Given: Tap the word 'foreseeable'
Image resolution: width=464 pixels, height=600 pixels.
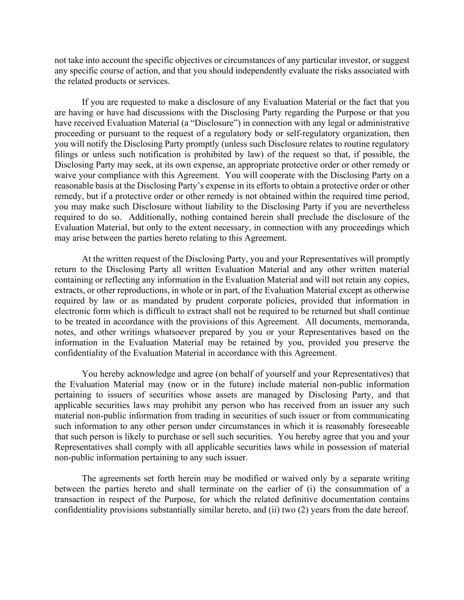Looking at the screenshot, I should [388, 426].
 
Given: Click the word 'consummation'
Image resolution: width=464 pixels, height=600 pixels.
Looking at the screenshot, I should [380, 489].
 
